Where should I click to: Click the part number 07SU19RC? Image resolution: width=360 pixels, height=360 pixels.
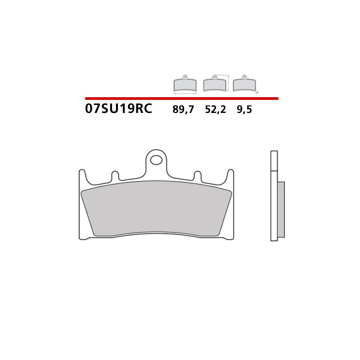click(x=118, y=109)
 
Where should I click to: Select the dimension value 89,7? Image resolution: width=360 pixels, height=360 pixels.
click(x=183, y=109)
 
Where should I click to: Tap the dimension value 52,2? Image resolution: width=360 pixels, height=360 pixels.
click(x=216, y=109)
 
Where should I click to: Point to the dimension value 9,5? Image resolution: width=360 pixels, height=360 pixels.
click(x=244, y=109)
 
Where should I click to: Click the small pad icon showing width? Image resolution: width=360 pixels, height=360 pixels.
click(x=185, y=84)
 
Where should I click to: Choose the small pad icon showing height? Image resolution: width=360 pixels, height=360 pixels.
click(x=215, y=84)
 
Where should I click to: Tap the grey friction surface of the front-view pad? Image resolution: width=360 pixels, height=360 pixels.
click(x=157, y=208)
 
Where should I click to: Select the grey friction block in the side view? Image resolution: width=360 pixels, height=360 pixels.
click(x=281, y=209)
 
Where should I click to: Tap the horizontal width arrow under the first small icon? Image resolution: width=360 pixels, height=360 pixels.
click(x=185, y=94)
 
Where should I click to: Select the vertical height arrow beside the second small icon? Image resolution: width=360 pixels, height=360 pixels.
click(x=229, y=83)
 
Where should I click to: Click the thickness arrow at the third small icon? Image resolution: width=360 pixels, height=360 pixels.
click(x=257, y=92)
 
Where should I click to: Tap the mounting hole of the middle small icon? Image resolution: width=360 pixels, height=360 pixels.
click(x=215, y=76)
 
